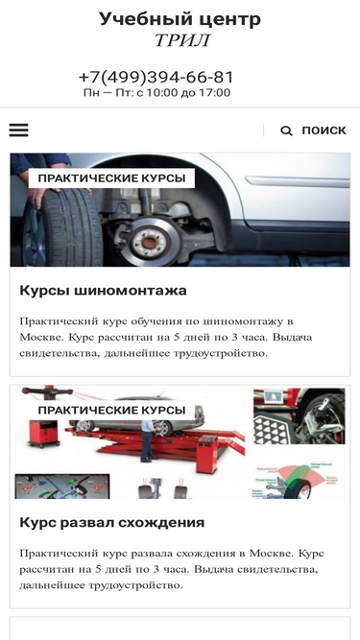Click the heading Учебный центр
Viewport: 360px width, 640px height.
[180, 19]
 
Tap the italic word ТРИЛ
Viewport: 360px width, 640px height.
[182, 40]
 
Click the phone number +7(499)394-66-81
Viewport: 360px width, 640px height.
[156, 77]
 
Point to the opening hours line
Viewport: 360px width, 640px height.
[156, 93]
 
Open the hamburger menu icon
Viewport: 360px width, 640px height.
[19, 130]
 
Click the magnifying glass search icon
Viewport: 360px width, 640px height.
[286, 130]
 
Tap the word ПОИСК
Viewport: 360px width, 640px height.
[324, 130]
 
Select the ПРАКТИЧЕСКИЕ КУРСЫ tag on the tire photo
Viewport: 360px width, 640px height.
[111, 178]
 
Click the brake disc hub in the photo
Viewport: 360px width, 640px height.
[150, 243]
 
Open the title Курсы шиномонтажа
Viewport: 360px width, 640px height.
[103, 291]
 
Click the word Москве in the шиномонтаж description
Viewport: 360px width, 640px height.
[41, 338]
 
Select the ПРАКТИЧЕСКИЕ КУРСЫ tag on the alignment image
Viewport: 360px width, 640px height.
[111, 411]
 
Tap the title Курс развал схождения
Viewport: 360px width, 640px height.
[111, 522]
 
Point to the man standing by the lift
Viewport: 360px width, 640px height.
[147, 440]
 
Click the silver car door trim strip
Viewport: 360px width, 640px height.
[298, 180]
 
